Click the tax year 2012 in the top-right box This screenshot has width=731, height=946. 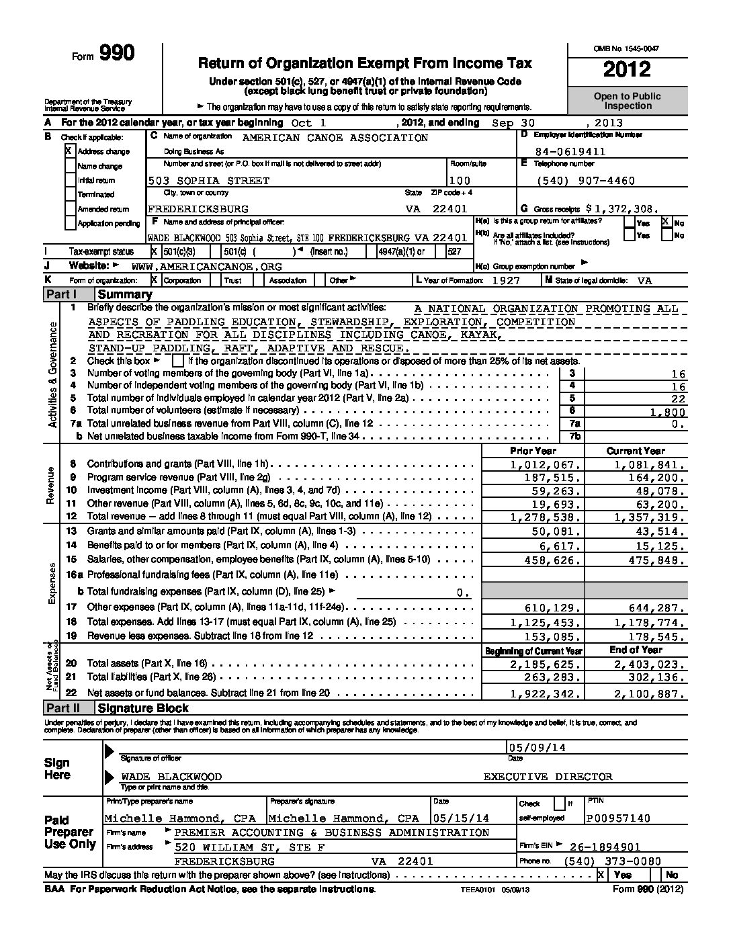tap(626, 69)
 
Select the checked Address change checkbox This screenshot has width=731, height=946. tap(70, 151)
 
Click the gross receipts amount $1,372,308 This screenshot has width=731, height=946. tap(622, 209)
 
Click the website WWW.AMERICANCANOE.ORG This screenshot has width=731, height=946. tap(206, 266)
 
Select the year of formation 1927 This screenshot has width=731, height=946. tap(505, 281)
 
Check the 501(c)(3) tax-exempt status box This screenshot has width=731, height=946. tap(155, 251)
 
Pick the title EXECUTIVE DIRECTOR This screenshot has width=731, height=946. tap(548, 777)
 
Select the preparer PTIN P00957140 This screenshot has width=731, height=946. tap(618, 818)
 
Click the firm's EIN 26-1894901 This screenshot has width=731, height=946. tap(605, 847)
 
